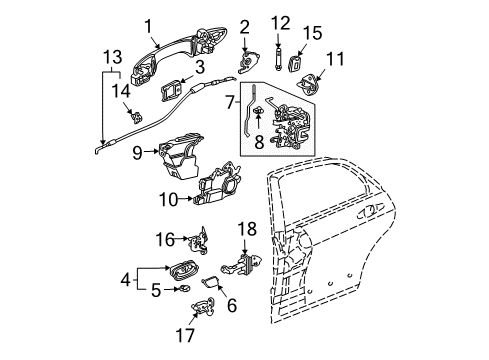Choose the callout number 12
coord(280,21)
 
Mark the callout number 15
coord(312,34)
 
